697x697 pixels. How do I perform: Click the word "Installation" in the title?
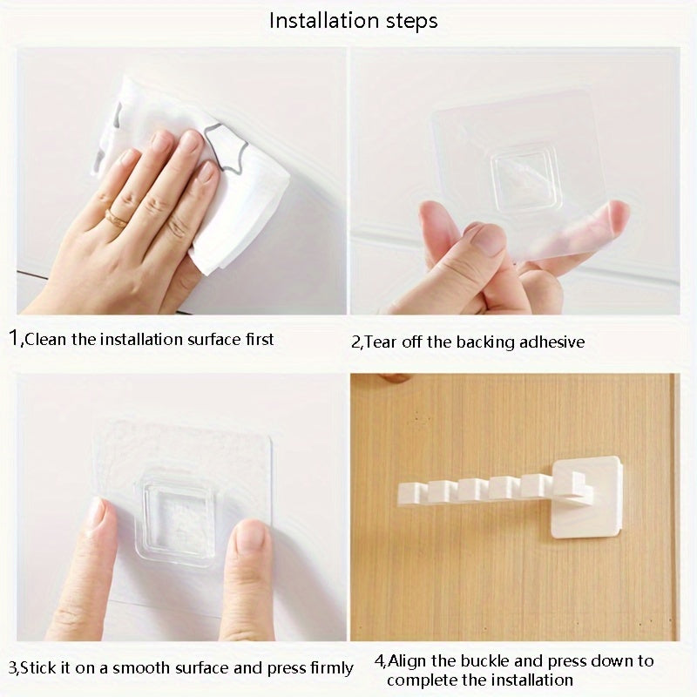click(x=323, y=21)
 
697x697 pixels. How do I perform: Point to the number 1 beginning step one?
click(x=14, y=338)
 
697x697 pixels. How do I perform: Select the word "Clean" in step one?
click(x=45, y=340)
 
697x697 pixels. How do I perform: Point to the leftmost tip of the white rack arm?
click(x=398, y=494)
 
